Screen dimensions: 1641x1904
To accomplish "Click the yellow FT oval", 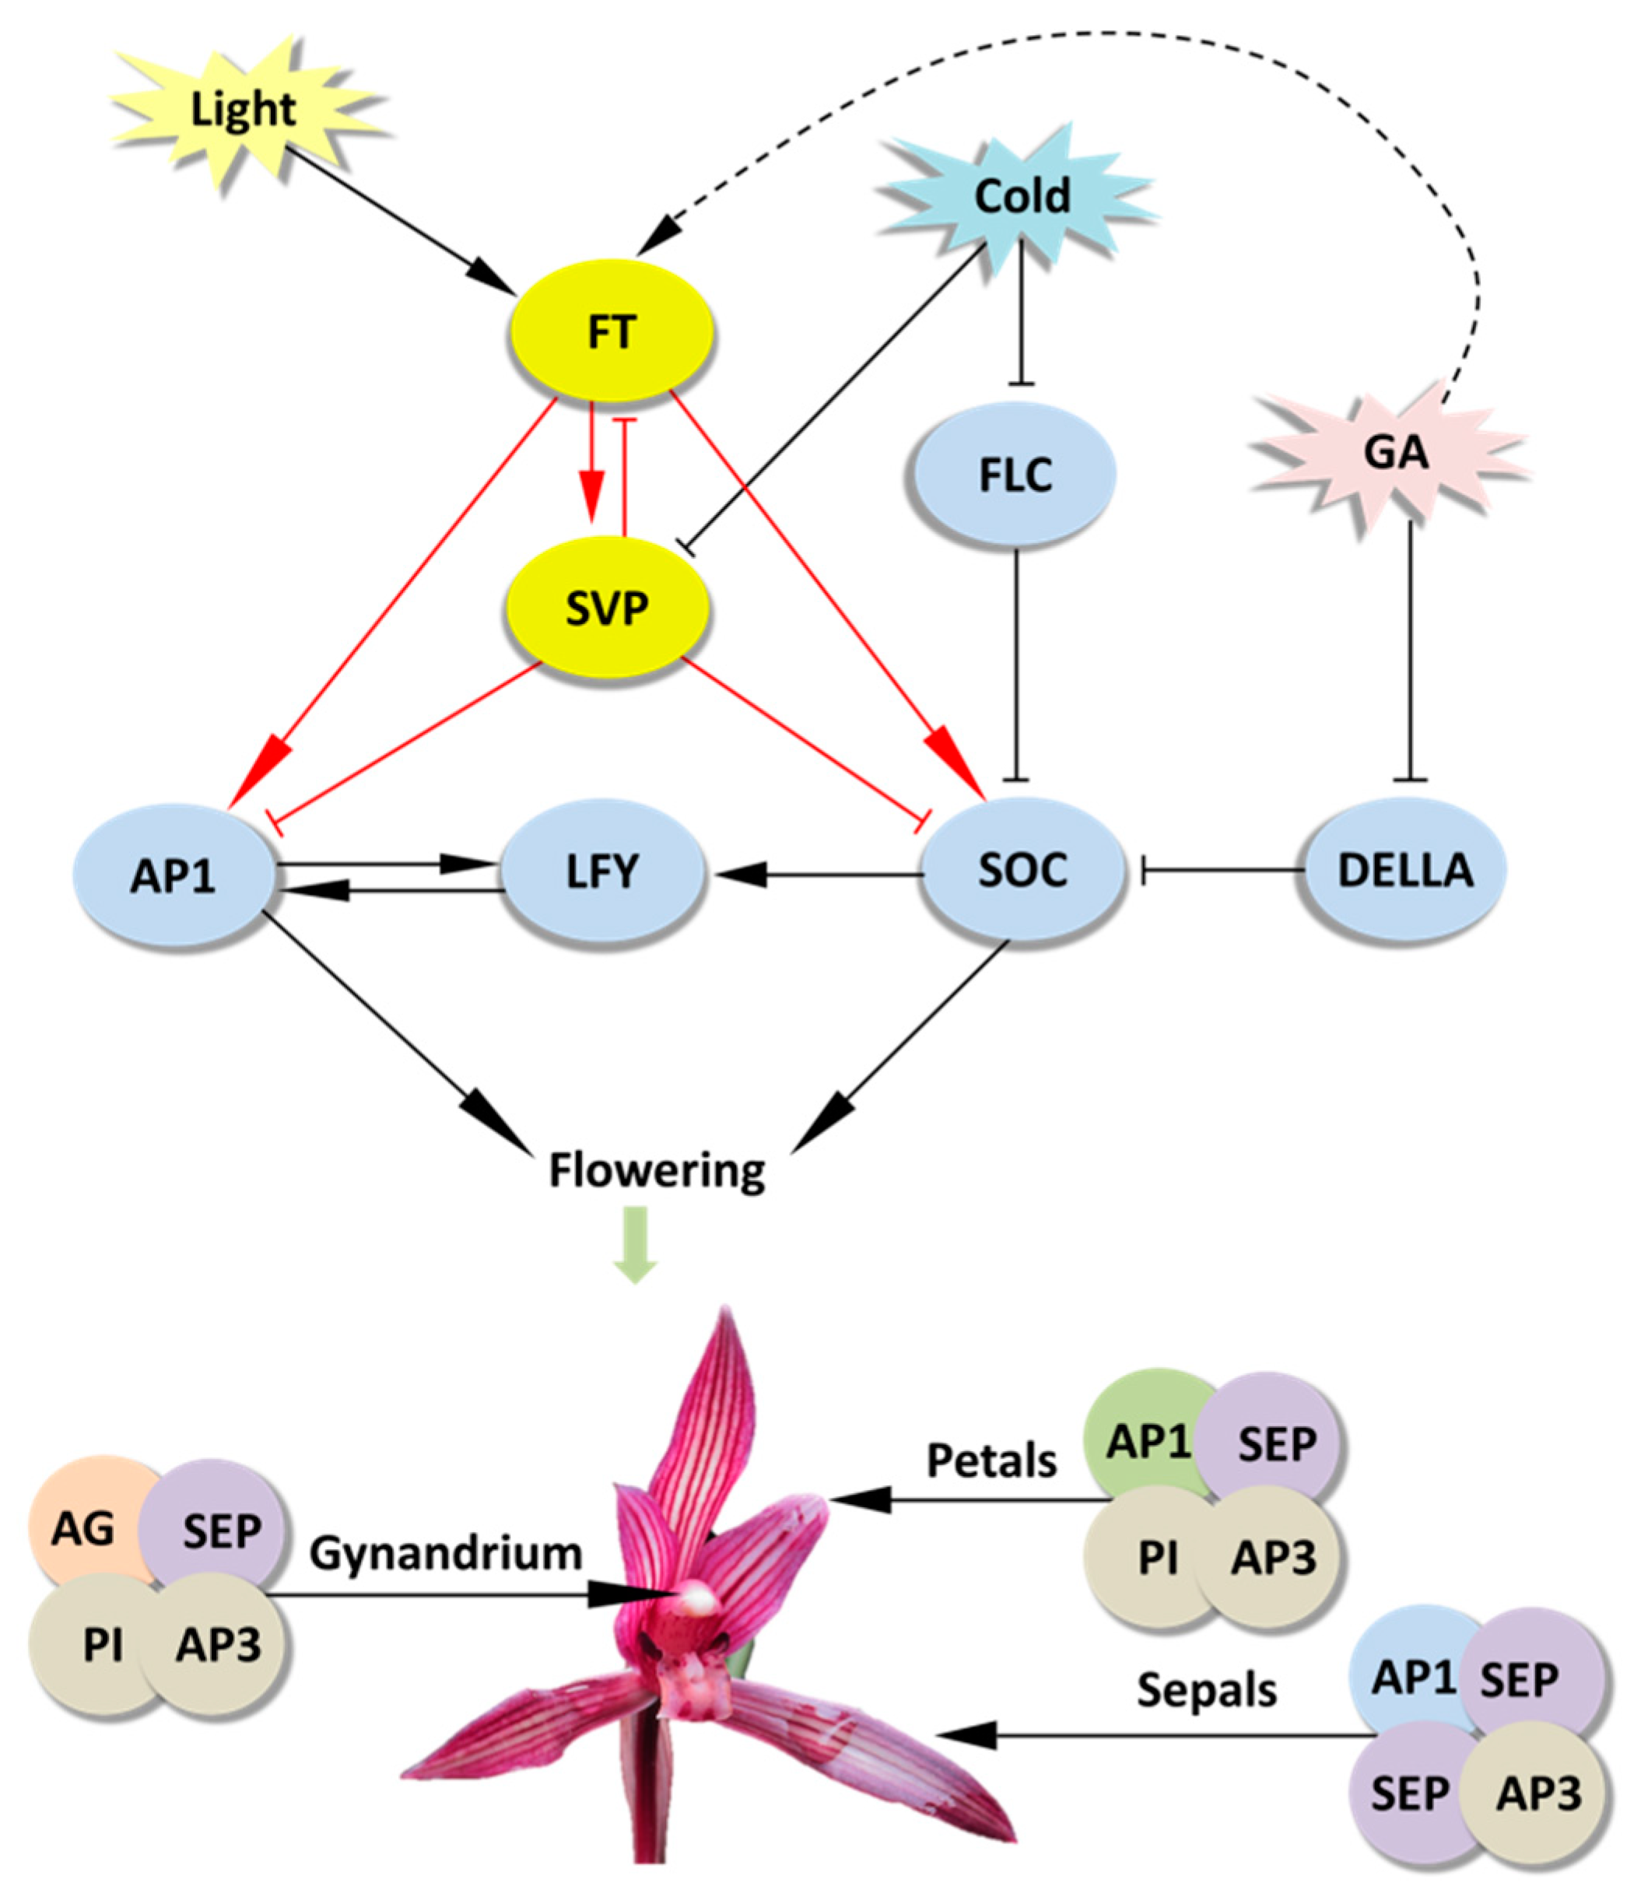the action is [x=611, y=331].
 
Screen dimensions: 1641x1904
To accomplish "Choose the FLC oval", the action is [x=1015, y=475].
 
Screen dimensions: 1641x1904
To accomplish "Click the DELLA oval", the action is [x=1405, y=869].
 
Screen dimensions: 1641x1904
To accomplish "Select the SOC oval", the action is [x=1022, y=869].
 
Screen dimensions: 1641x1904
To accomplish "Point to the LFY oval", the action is [x=601, y=870].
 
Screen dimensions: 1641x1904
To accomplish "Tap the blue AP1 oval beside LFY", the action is [x=174, y=875].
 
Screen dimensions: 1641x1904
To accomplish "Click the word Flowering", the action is [x=657, y=1172].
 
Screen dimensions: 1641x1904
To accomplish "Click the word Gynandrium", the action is [x=446, y=1553].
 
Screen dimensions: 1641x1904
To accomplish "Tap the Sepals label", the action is [x=1206, y=1689].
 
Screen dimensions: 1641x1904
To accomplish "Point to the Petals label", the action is [x=991, y=1460].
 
